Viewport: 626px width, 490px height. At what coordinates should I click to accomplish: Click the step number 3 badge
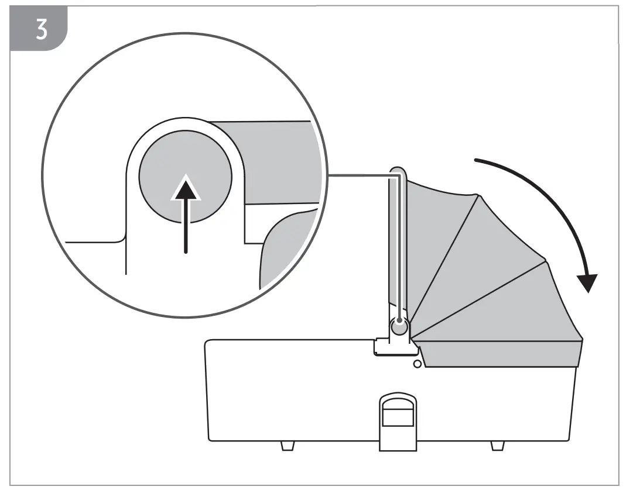click(40, 30)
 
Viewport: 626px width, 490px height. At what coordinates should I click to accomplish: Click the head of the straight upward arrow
click(186, 186)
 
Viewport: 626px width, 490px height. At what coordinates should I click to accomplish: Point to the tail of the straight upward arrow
click(186, 250)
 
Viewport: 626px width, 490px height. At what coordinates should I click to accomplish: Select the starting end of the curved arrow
click(476, 159)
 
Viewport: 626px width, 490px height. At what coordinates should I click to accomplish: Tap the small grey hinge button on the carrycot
click(399, 329)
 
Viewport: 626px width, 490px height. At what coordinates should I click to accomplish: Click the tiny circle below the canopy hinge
click(417, 364)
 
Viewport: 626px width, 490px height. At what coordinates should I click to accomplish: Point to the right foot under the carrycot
click(497, 446)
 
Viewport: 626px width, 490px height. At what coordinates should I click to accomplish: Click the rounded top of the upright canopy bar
click(398, 171)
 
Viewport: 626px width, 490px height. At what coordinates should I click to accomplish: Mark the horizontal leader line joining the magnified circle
click(357, 174)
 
